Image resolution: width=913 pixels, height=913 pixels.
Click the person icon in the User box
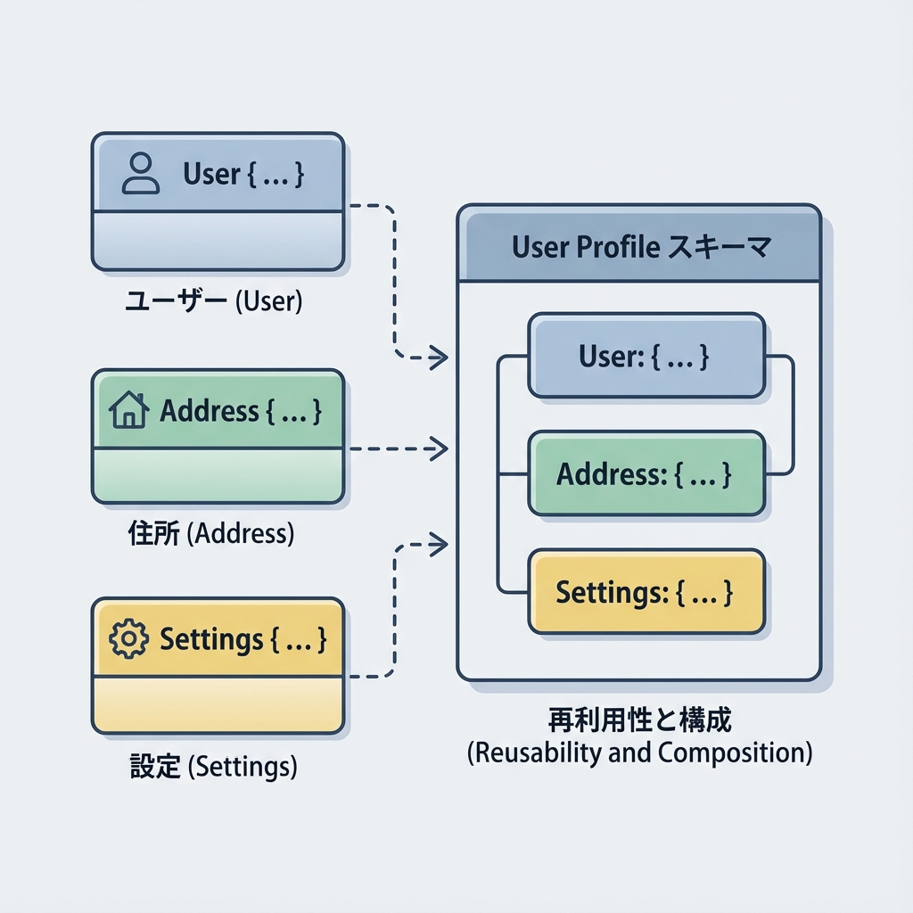[140, 173]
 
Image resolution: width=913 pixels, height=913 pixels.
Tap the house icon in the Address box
[128, 411]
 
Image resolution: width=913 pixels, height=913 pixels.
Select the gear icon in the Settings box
[127, 639]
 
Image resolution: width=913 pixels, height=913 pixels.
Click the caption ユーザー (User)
[213, 301]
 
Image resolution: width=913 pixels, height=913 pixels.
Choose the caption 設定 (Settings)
[213, 765]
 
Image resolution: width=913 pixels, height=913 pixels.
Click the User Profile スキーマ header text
[640, 247]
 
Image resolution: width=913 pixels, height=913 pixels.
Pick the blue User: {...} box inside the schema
[646, 356]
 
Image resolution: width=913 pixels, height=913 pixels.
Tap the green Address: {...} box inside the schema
[646, 473]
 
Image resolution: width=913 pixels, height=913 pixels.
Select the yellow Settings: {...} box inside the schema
[646, 592]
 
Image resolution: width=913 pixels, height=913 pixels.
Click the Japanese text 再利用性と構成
[639, 720]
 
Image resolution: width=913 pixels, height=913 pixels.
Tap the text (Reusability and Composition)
[639, 753]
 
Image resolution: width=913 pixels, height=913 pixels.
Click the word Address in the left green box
[209, 411]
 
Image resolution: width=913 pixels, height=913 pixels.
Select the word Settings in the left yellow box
[211, 639]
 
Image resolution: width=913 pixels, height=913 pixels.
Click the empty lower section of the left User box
[218, 240]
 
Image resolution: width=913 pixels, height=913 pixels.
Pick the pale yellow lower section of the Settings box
[218, 704]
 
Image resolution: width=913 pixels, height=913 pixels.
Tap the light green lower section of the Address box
[218, 475]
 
